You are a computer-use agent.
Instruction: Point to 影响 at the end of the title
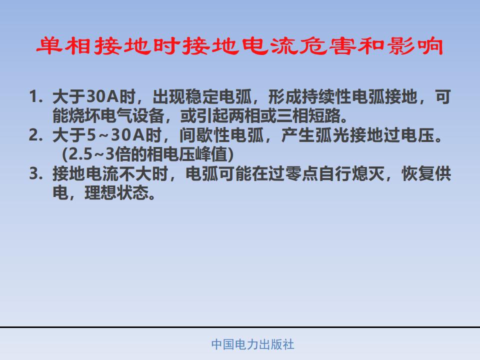pyautogui.click(x=415, y=46)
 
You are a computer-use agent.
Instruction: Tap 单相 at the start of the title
pyautogui.click(x=63, y=46)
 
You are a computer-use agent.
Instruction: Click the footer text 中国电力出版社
pyautogui.click(x=253, y=344)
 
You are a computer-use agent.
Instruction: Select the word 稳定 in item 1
pyautogui.click(x=201, y=96)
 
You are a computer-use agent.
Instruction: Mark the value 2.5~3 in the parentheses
pyautogui.click(x=91, y=154)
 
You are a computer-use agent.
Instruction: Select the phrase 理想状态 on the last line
pyautogui.click(x=116, y=193)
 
